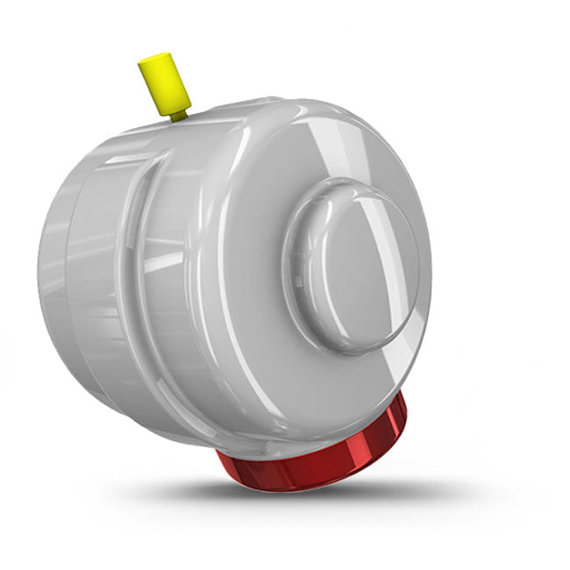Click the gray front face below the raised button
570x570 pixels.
tap(351, 386)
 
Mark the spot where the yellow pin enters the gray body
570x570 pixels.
tap(181, 118)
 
